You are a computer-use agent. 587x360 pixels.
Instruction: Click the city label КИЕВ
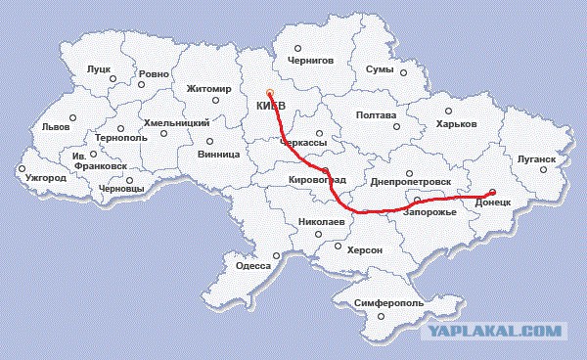[271, 106]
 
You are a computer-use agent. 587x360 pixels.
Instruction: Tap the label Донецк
[493, 202]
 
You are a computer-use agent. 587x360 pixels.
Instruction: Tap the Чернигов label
[312, 60]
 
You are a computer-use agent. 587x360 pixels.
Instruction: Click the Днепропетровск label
[410, 182]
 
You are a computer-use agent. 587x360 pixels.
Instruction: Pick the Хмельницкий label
[177, 122]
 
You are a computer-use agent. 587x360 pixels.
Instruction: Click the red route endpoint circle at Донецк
[492, 191]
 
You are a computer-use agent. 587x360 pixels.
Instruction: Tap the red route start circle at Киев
[269, 94]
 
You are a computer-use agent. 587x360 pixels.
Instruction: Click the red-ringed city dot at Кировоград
[325, 170]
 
